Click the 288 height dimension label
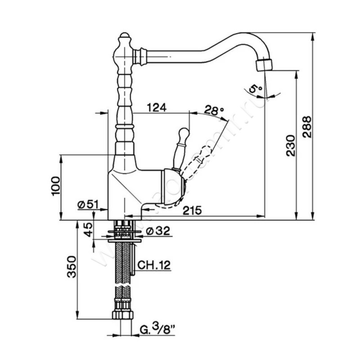point(306,128)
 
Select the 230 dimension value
point(290,145)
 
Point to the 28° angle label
point(214,109)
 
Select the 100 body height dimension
point(55,185)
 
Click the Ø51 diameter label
point(88,204)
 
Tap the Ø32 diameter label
point(158,231)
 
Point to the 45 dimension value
point(88,230)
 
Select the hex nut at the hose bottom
point(122,314)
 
